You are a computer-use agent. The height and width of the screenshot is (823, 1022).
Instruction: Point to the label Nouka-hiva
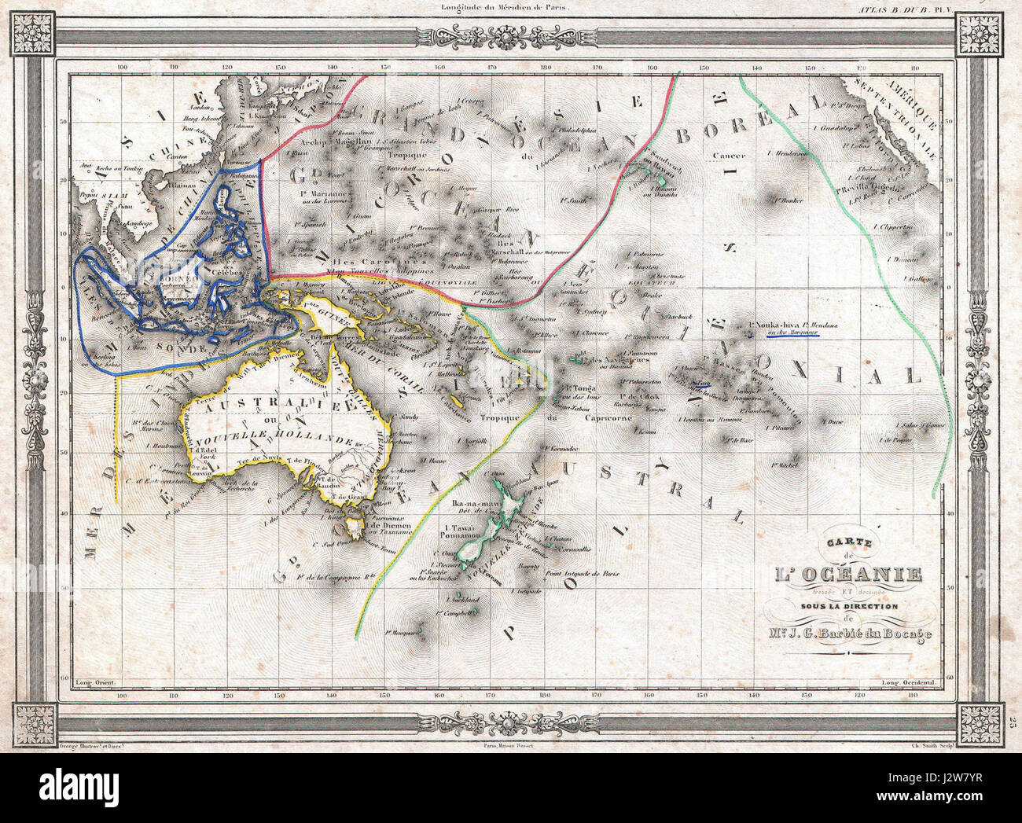tap(773, 323)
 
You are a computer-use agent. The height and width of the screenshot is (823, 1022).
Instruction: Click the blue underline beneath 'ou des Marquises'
tap(791, 336)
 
